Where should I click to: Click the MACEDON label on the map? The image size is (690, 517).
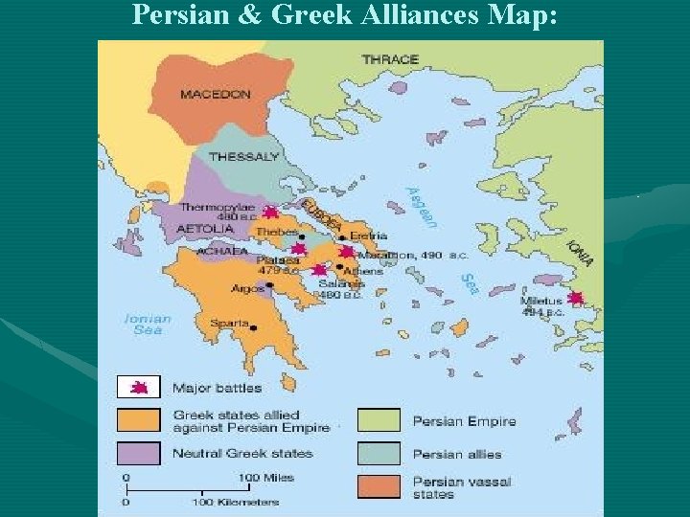(215, 95)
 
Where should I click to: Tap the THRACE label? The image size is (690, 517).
(390, 59)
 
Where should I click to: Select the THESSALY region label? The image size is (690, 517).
(243, 156)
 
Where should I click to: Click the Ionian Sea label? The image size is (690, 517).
(148, 324)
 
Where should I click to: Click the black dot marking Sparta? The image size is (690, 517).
(254, 327)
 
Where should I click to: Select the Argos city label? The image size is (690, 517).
(246, 288)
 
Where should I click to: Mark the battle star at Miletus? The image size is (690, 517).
(575, 298)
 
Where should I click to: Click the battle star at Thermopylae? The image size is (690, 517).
(270, 213)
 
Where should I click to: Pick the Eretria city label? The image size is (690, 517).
(368, 236)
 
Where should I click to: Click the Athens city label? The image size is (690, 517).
(364, 271)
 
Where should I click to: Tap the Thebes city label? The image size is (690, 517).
(278, 231)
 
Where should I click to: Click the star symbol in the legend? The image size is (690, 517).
(139, 388)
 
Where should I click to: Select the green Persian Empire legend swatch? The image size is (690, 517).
(379, 420)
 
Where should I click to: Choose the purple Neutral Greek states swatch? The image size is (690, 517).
(138, 452)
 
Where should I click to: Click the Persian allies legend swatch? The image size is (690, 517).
(379, 453)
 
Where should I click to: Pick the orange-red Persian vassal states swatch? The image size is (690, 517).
(379, 486)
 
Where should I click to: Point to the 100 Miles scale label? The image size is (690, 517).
(266, 476)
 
